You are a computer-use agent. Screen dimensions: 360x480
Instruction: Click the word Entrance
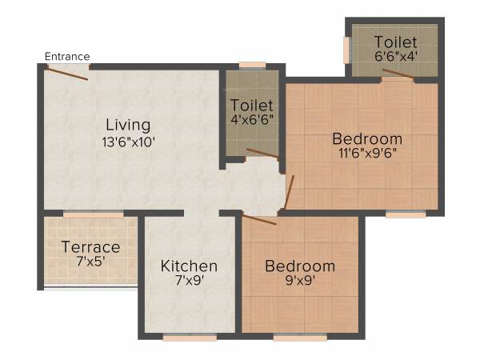tap(67, 56)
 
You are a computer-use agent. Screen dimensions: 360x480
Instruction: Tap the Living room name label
tap(129, 125)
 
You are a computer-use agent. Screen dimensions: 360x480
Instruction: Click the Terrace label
tap(90, 247)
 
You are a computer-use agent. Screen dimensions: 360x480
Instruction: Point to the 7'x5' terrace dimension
tap(90, 262)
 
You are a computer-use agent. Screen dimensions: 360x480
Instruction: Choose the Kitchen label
tap(189, 266)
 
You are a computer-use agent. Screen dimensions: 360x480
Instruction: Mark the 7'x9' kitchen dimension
tap(189, 282)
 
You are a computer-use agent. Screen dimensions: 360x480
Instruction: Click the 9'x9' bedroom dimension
tap(300, 282)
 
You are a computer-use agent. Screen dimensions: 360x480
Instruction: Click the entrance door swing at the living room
tap(67, 73)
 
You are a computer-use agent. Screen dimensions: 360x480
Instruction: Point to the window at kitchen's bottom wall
tap(190, 338)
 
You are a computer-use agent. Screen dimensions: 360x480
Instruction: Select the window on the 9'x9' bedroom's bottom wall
tap(300, 338)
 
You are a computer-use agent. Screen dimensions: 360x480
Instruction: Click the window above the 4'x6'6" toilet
tap(252, 65)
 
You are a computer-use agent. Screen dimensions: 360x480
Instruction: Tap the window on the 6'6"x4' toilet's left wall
tap(346, 50)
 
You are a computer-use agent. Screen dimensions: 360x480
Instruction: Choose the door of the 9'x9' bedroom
tap(259, 219)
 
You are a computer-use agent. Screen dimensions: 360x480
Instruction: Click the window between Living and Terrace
tap(94, 214)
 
